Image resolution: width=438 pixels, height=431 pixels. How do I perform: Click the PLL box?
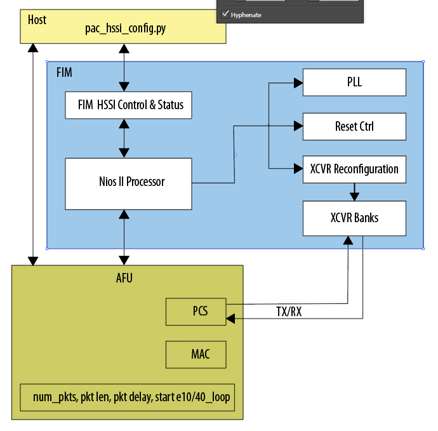point(354,83)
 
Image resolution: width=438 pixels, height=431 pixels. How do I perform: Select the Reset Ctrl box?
point(354,126)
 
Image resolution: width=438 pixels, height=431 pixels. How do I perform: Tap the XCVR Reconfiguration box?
point(354,169)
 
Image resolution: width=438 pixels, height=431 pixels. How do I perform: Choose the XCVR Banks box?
point(354,218)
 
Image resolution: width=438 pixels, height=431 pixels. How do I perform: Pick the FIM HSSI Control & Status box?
point(128,105)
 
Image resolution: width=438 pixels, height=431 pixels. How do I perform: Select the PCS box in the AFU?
point(196,311)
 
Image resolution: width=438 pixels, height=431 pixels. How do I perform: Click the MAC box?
point(196,354)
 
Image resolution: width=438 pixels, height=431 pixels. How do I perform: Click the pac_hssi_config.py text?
point(125,29)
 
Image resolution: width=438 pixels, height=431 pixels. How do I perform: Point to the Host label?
point(37,19)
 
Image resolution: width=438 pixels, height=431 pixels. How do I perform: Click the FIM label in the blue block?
point(64,72)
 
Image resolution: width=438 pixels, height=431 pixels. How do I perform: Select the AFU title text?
point(124,277)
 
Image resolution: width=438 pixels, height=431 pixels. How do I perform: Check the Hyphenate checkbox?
point(225,14)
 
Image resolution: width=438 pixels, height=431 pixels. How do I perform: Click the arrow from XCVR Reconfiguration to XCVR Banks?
point(354,192)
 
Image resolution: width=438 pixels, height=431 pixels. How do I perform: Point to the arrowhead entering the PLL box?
point(297,83)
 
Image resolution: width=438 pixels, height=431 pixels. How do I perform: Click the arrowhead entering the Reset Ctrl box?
point(297,126)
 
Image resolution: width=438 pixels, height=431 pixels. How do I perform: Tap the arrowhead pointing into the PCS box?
point(232,317)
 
